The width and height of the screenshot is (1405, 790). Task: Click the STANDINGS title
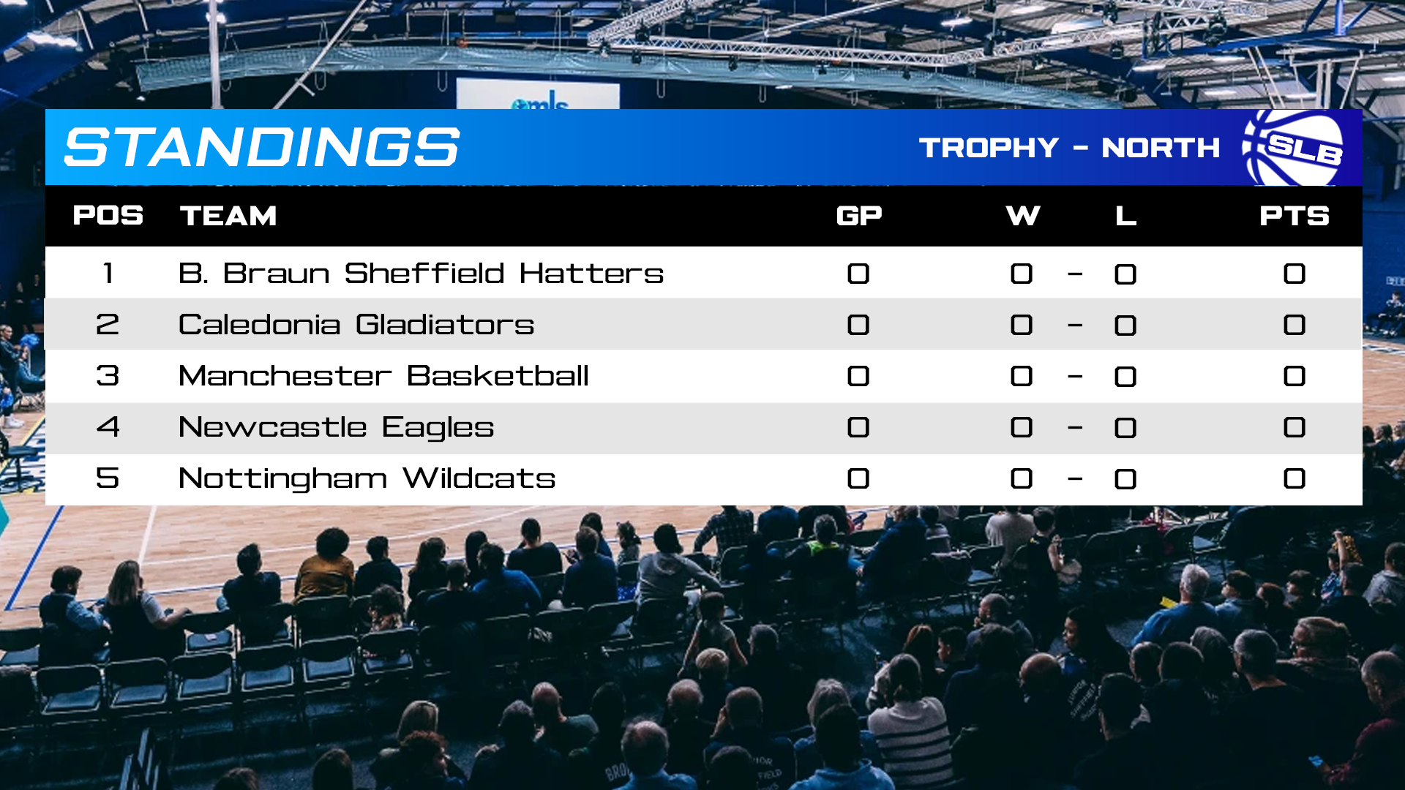point(262,147)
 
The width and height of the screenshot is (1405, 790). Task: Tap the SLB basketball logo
point(1295,147)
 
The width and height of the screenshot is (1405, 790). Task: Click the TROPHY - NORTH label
point(1069,148)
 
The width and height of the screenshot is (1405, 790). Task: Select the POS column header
point(108,216)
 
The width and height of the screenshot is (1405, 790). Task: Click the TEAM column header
point(228,216)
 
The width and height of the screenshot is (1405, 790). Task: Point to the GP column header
point(859,216)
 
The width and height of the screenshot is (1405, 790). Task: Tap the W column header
point(1023,216)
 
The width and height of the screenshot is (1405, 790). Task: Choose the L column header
point(1125,216)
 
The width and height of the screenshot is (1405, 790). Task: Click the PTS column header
point(1295,216)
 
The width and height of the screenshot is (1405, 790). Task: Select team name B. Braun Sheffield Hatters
point(421,274)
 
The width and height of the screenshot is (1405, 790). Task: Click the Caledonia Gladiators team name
point(356,325)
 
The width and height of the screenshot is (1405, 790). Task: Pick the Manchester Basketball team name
point(383,376)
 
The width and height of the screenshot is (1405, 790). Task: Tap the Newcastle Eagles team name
point(336,428)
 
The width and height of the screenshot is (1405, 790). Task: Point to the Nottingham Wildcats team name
point(367,479)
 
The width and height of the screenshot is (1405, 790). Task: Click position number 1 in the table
point(108,274)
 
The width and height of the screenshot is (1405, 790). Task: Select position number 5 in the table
point(108,478)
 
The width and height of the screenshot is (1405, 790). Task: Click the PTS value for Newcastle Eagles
point(1295,427)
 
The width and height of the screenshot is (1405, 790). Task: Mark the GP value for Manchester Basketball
point(858,376)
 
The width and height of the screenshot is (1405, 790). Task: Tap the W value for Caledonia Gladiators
point(1022,325)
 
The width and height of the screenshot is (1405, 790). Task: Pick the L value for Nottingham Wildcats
point(1125,479)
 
